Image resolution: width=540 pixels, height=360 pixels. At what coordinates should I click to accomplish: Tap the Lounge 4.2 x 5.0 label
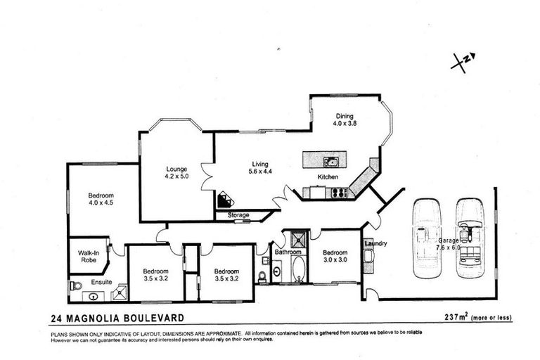pos(176,172)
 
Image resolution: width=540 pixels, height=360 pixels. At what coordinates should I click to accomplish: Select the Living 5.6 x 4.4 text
pos(260,167)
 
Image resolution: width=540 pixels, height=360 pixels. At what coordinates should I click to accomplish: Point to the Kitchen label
pos(328,177)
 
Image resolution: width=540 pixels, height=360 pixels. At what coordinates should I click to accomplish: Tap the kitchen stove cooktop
pos(339,192)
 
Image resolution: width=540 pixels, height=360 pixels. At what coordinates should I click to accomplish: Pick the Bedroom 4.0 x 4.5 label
pos(101,200)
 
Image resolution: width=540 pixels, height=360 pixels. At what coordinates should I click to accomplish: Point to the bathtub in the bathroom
pos(299,269)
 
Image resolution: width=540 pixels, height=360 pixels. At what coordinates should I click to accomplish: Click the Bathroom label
pos(288,252)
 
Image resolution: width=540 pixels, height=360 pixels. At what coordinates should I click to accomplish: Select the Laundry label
pos(376,243)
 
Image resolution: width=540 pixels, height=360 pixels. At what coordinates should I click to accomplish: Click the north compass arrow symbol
pos(463,62)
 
